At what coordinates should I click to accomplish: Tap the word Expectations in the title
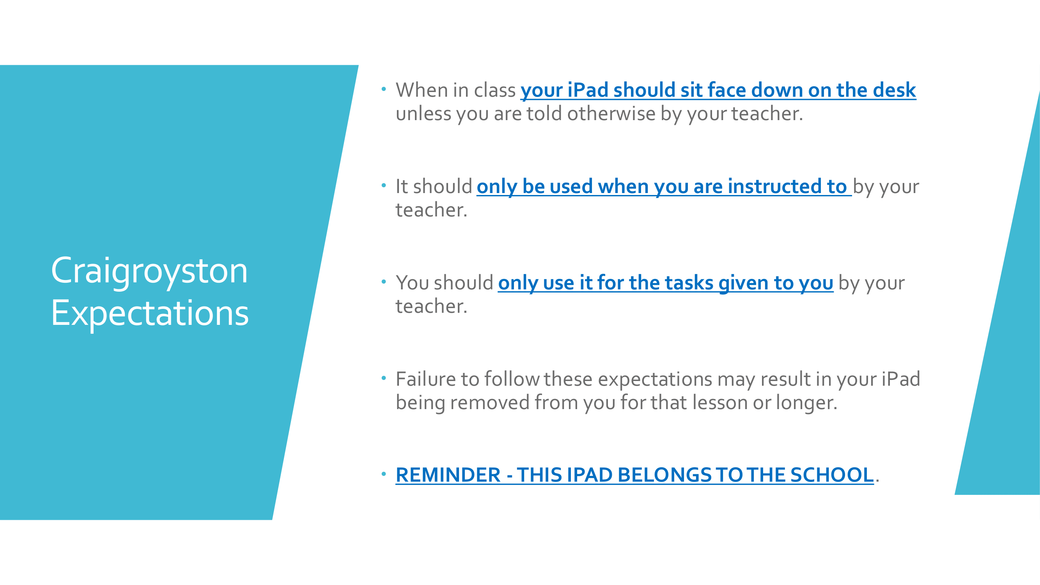(150, 314)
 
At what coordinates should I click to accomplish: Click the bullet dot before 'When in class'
(384, 89)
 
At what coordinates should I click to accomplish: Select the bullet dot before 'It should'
(384, 185)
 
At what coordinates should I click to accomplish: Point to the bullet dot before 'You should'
(384, 282)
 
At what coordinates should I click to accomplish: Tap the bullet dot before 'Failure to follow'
(384, 378)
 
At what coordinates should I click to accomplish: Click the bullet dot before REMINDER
(384, 474)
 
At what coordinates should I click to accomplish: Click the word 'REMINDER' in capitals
(448, 475)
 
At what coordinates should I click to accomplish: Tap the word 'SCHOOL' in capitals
(832, 475)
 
